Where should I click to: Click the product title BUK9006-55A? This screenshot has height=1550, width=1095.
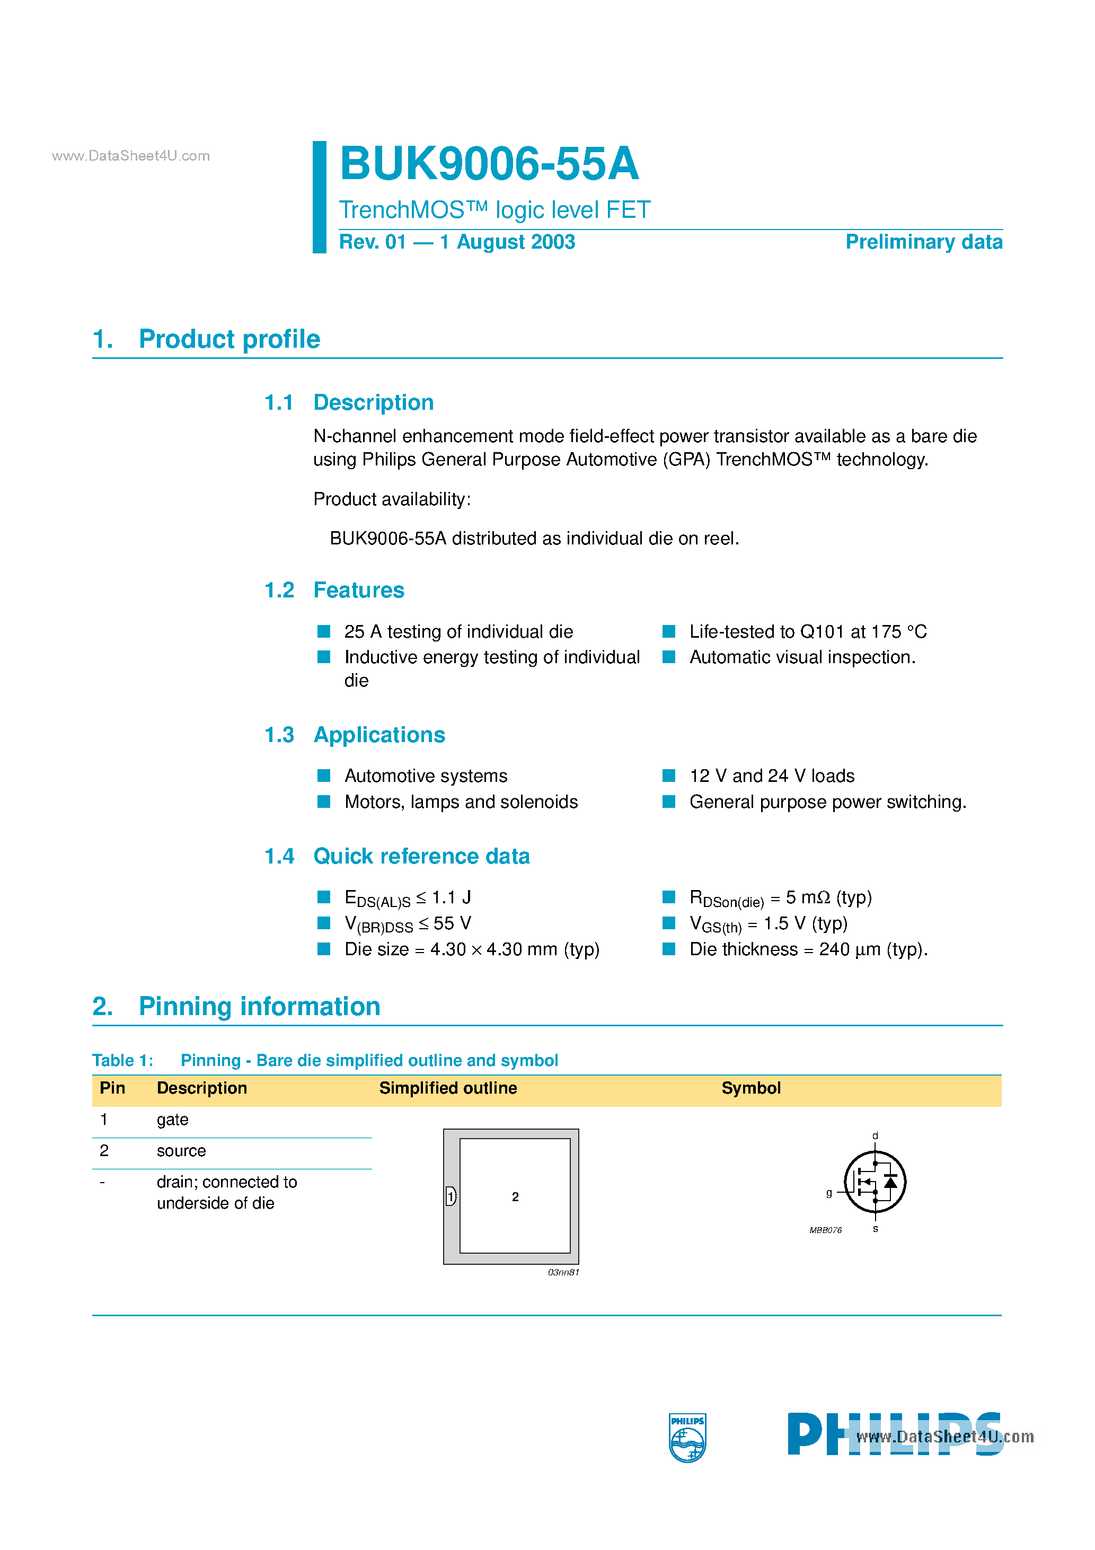click(489, 164)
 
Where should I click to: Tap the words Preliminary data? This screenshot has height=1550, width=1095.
click(923, 242)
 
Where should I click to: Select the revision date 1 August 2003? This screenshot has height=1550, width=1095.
click(507, 242)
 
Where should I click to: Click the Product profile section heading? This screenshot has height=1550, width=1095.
click(229, 339)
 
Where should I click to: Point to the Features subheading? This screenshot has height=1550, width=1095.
click(358, 590)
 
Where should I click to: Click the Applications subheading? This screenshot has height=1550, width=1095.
click(379, 735)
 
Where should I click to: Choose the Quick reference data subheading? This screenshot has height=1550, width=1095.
click(421, 856)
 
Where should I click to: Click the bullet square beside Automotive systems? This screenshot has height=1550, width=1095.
click(324, 775)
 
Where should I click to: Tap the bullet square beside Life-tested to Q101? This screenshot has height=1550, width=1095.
click(669, 631)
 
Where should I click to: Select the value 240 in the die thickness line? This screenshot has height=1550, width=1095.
click(834, 949)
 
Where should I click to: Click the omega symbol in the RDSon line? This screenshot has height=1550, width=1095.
click(823, 898)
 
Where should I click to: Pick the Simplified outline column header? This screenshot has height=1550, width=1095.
click(447, 1088)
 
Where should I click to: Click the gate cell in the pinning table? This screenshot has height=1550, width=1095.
click(172, 1119)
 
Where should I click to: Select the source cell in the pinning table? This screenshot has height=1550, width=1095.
click(181, 1150)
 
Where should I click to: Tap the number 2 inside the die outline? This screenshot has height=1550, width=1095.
click(515, 1196)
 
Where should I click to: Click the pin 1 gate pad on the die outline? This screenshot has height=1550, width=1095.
click(451, 1196)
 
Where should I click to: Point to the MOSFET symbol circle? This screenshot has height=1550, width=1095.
click(875, 1182)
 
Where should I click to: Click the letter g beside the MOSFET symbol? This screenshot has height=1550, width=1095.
click(829, 1192)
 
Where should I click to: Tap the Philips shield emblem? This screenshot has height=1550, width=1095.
click(687, 1437)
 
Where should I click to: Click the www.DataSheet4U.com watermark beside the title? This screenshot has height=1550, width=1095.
click(130, 156)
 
